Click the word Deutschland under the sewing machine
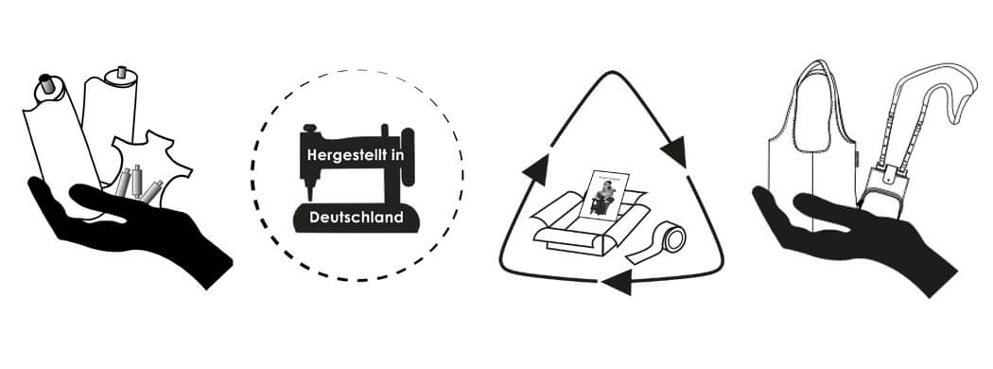click(x=357, y=218)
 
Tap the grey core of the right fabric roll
click(x=120, y=74)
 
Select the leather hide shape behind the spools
click(x=151, y=155)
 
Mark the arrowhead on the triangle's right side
click(x=675, y=150)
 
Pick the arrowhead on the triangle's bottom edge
click(x=618, y=280)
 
